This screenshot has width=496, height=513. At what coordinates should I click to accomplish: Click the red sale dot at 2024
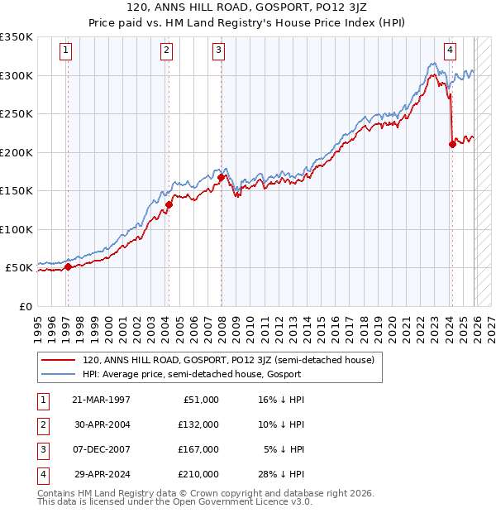[452, 145]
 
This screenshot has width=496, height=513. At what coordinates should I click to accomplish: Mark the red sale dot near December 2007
[222, 177]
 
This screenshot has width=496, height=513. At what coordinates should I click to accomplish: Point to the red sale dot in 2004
[169, 204]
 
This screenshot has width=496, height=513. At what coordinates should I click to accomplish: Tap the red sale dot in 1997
[68, 266]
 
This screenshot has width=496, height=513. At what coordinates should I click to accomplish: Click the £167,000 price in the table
[199, 450]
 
